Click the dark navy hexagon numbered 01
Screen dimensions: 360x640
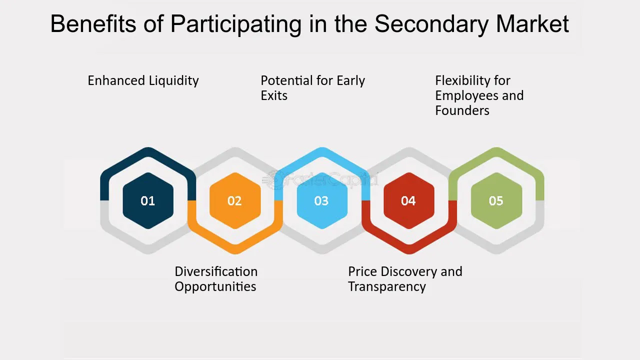click(x=148, y=200)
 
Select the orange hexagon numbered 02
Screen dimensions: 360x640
click(x=234, y=200)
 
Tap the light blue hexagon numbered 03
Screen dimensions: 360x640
click(x=321, y=200)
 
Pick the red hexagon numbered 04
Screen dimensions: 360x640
click(x=408, y=200)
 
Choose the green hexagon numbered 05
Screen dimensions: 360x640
click(x=496, y=200)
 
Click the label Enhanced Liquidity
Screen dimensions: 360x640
click(x=143, y=80)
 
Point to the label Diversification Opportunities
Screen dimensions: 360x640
click(x=216, y=279)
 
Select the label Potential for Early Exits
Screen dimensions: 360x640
click(x=312, y=87)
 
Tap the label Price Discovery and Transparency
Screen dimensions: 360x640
click(x=405, y=279)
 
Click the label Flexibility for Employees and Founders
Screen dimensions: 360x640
click(x=479, y=95)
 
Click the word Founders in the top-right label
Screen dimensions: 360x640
click(x=462, y=110)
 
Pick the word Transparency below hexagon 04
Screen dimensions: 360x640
click(x=387, y=287)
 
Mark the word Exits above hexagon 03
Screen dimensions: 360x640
click(x=274, y=95)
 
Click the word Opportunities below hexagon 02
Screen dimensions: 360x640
click(x=215, y=287)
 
